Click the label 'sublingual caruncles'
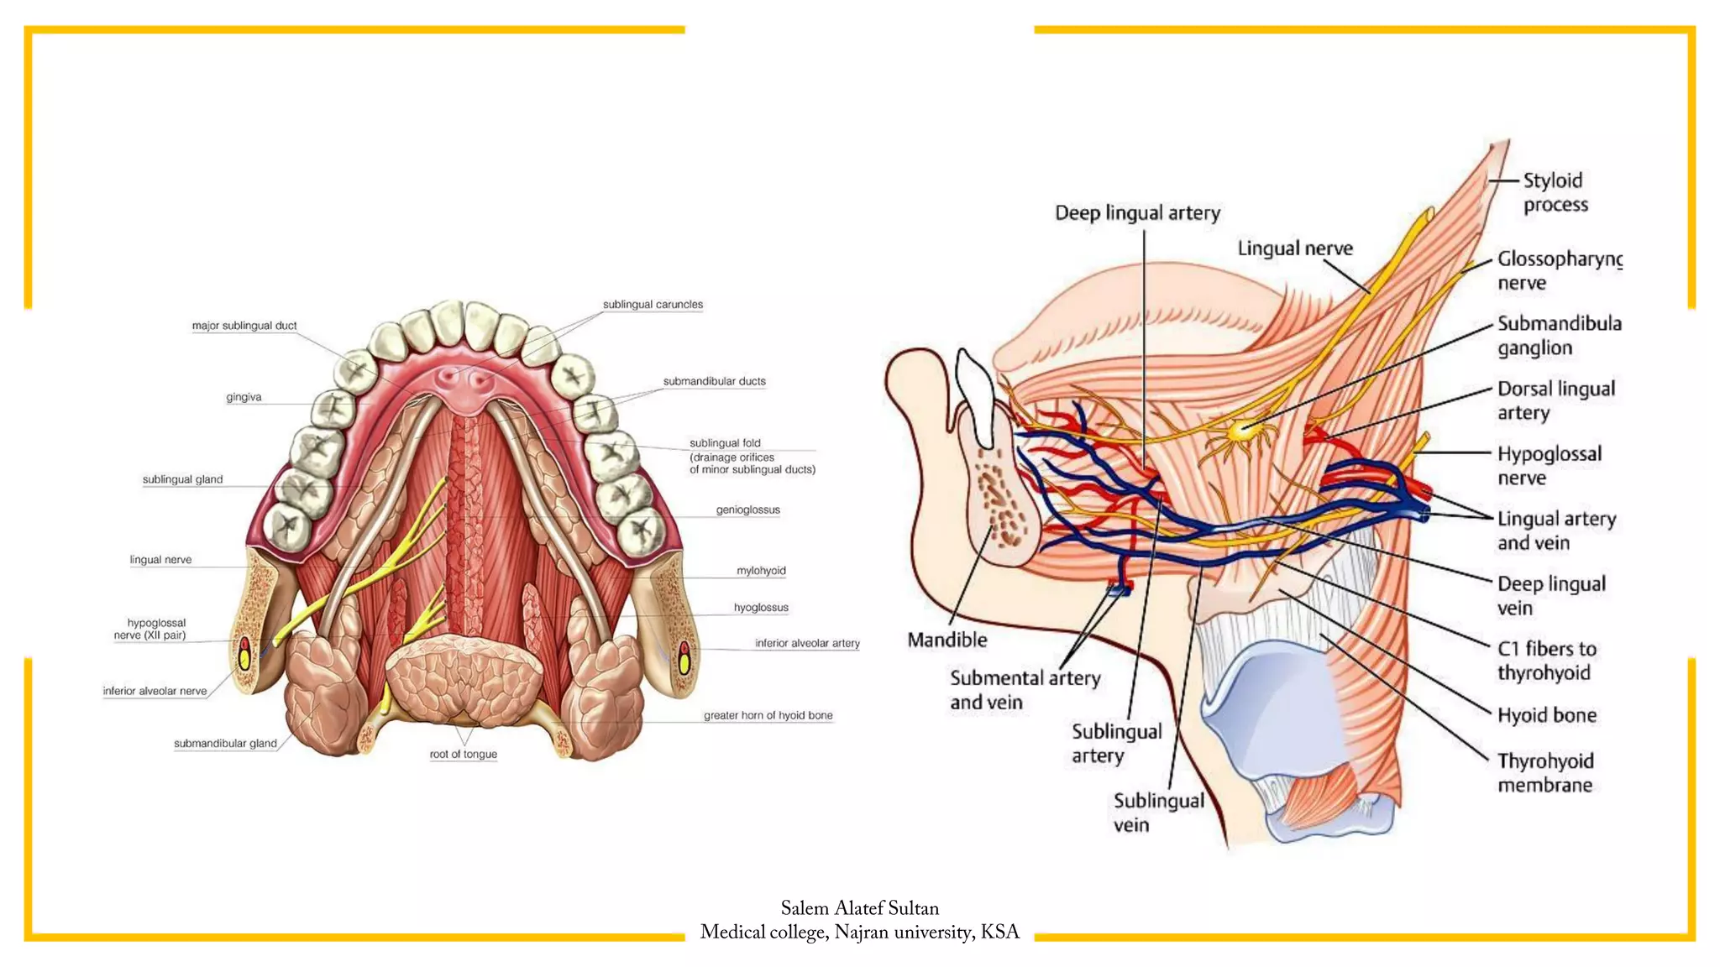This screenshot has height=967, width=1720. [x=653, y=305]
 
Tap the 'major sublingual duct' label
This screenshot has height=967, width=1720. [x=244, y=326]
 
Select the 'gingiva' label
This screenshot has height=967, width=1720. [x=244, y=397]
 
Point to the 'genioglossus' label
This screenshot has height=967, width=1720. [x=747, y=510]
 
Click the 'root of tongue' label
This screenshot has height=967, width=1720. [x=463, y=754]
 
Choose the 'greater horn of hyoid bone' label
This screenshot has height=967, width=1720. [x=768, y=715]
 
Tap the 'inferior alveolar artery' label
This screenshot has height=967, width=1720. [x=806, y=643]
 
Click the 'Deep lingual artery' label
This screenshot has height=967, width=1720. [x=1137, y=213]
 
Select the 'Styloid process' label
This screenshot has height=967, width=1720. [x=1555, y=192]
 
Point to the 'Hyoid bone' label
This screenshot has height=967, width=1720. [x=1547, y=715]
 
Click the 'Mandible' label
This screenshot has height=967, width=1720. [x=947, y=640]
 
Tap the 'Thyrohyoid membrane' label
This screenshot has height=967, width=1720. [x=1545, y=772]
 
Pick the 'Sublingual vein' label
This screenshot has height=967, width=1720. [x=1157, y=812]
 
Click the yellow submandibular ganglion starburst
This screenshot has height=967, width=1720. [x=1240, y=431]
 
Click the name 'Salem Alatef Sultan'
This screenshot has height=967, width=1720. [x=859, y=908]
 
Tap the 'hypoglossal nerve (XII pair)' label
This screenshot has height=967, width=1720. [x=151, y=629]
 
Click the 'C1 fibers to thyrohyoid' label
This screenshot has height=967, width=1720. [x=1546, y=661]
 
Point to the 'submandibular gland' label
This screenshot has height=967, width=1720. [x=225, y=744]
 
